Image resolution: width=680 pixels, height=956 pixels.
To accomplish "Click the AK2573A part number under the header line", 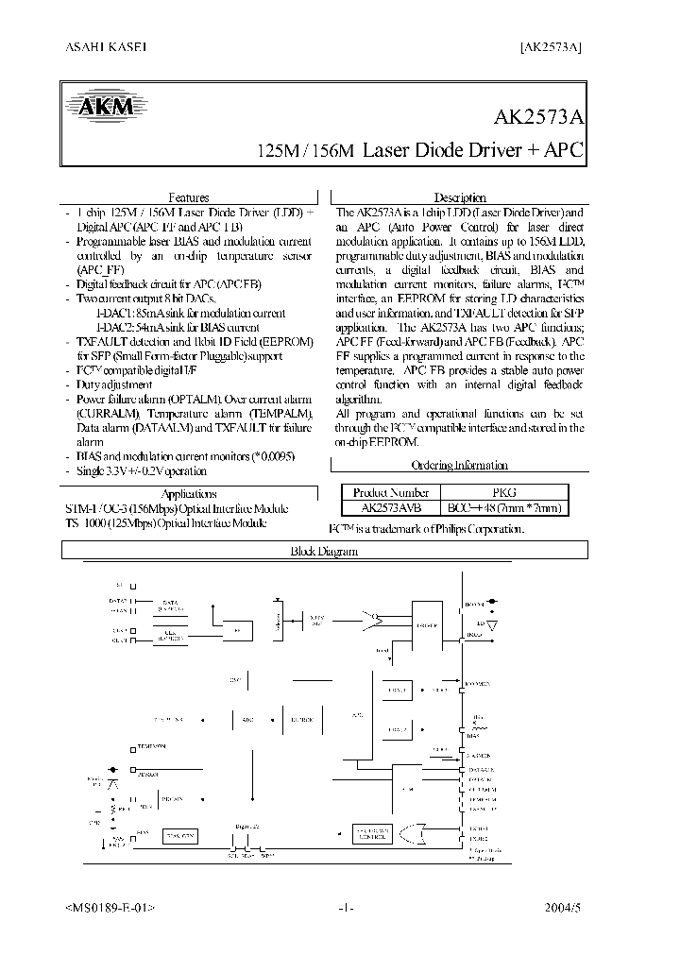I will point(540,119).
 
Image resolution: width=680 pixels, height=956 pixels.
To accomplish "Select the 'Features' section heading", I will point(189,197).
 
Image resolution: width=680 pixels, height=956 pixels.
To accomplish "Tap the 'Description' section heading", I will point(460,197).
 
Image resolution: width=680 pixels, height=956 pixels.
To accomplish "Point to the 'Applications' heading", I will point(189,494).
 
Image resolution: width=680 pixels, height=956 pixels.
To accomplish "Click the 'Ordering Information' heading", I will point(460,465).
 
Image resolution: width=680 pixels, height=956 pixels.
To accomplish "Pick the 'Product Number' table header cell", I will point(391,492).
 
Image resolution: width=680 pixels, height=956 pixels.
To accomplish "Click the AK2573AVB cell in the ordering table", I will point(391,507).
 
